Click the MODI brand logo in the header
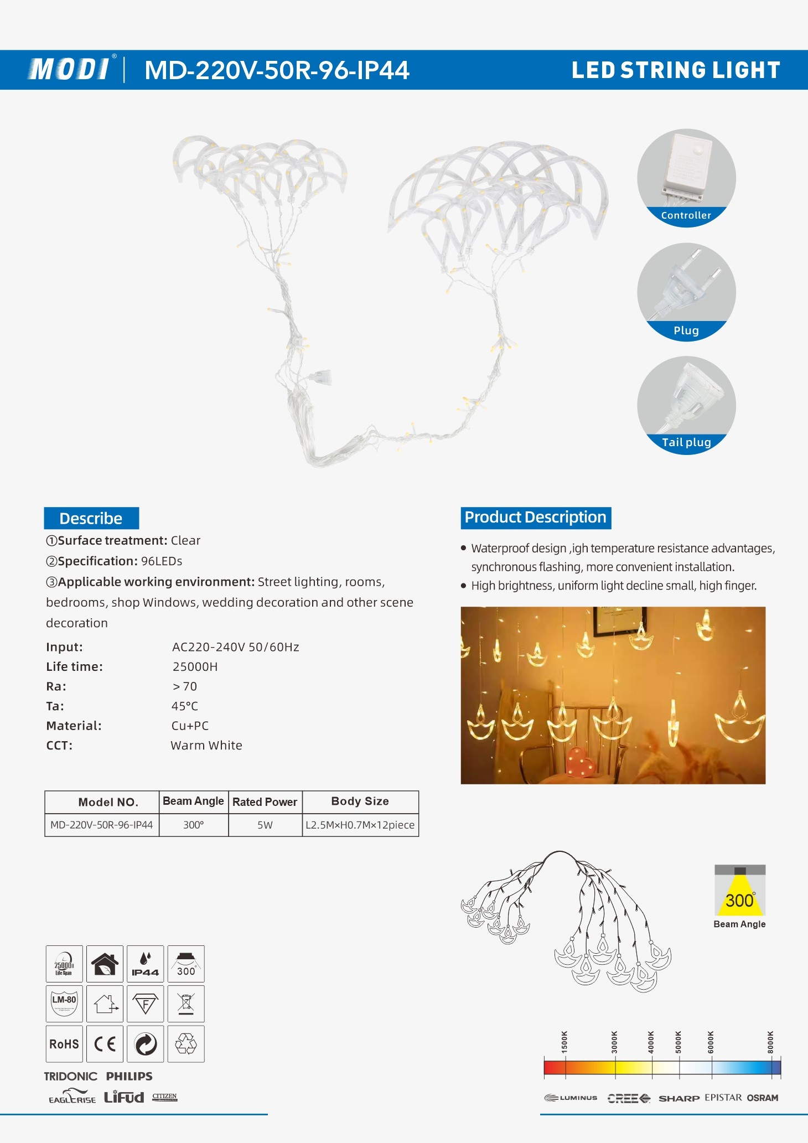pyautogui.click(x=69, y=70)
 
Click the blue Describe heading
pyautogui.click(x=91, y=519)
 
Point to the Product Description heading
pyautogui.click(x=535, y=518)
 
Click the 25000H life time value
pyautogui.click(x=195, y=667)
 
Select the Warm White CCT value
pyautogui.click(x=206, y=746)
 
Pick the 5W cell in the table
pyautogui.click(x=265, y=825)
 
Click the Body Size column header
pyautogui.click(x=360, y=801)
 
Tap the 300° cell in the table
pyautogui.click(x=194, y=825)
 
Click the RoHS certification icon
pyautogui.click(x=64, y=1044)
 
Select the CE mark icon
pyautogui.click(x=105, y=1044)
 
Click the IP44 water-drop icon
pyautogui.click(x=145, y=964)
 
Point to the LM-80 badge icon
pyautogui.click(x=64, y=1004)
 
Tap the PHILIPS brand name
pyautogui.click(x=129, y=1077)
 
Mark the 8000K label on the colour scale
pyautogui.click(x=770, y=1042)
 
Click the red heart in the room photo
pyautogui.click(x=580, y=763)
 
